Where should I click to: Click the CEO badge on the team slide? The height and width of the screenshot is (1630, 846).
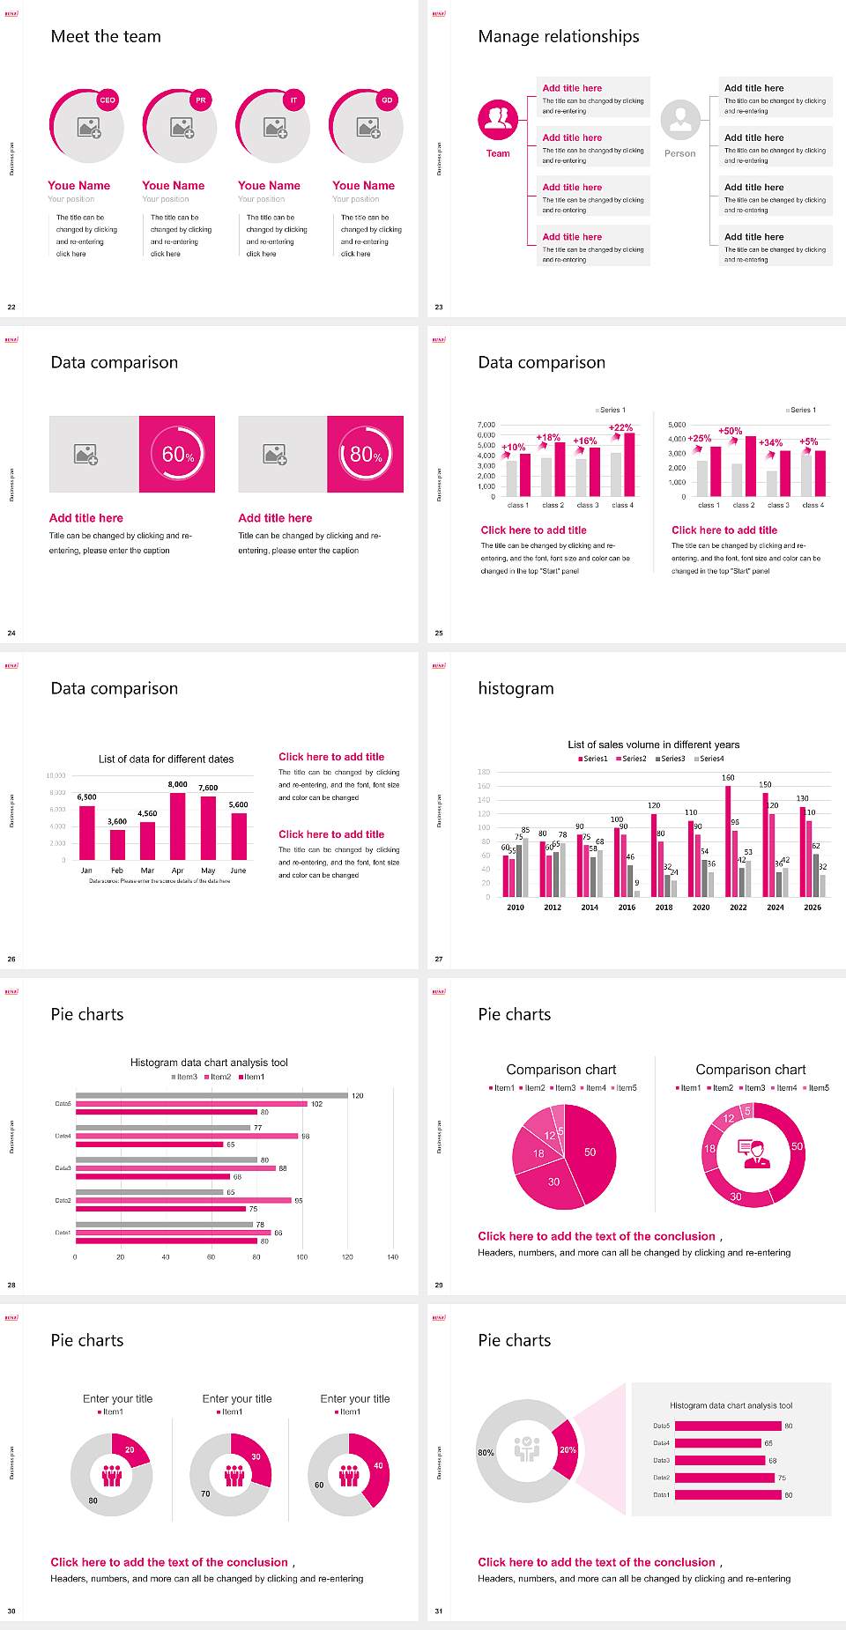click(x=108, y=100)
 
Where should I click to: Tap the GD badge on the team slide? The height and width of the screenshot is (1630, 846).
click(x=387, y=100)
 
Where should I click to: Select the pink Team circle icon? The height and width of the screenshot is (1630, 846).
click(x=498, y=120)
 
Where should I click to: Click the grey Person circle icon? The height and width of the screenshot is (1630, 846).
click(x=680, y=120)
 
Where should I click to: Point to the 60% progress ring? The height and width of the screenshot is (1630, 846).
click(x=178, y=454)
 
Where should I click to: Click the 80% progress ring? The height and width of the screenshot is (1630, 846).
click(x=366, y=454)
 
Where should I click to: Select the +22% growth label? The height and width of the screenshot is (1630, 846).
click(x=620, y=427)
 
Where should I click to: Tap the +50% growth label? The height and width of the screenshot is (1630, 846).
click(x=731, y=431)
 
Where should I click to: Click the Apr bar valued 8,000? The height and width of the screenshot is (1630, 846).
click(x=178, y=826)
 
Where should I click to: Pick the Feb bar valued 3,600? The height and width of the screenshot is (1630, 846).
click(x=117, y=844)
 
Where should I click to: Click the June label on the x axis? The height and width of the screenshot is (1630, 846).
click(x=238, y=871)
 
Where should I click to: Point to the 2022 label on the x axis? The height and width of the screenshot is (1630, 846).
click(x=738, y=908)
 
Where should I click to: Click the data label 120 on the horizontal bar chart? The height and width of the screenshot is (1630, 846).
click(x=357, y=1096)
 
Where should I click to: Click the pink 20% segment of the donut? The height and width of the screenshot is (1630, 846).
click(x=566, y=1449)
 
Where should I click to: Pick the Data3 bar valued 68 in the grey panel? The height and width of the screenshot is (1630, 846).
click(x=719, y=1460)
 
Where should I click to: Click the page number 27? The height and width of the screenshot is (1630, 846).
click(x=439, y=959)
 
